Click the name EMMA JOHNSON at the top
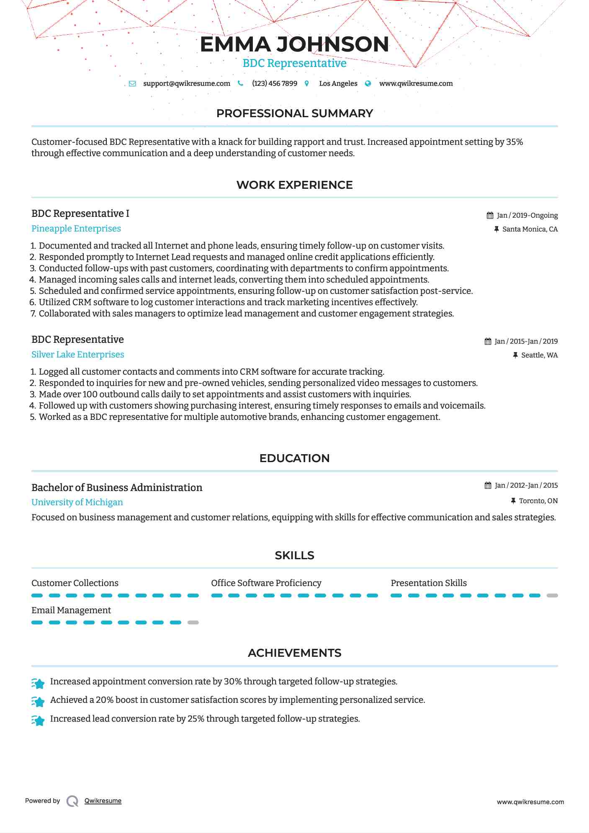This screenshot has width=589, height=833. (x=294, y=45)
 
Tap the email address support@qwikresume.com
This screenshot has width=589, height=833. (x=186, y=84)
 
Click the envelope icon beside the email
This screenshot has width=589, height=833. (x=132, y=84)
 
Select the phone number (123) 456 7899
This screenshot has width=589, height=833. (x=274, y=84)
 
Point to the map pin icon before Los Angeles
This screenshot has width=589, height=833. (x=307, y=84)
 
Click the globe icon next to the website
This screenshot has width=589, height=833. (x=368, y=84)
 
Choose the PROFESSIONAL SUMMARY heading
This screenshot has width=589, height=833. (x=294, y=113)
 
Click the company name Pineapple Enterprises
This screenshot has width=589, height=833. (x=76, y=229)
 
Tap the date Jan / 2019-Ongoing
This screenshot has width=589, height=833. (x=527, y=216)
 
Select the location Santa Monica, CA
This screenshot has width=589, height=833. (x=530, y=229)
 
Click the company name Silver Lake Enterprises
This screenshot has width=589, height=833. (x=78, y=355)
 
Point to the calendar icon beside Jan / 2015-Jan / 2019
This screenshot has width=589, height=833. (x=488, y=342)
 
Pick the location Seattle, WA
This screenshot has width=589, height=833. (x=539, y=355)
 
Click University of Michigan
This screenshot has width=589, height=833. (x=77, y=502)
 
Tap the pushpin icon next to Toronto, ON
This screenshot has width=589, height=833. (x=513, y=501)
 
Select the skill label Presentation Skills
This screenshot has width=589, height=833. (x=429, y=583)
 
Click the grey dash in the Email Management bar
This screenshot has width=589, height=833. (x=193, y=622)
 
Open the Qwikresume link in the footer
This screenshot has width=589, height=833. (x=103, y=801)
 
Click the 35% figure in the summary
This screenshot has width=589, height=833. (x=514, y=142)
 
